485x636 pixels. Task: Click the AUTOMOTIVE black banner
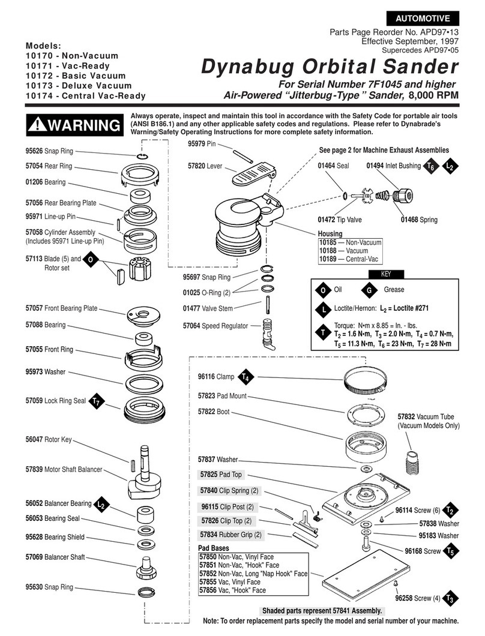pyautogui.click(x=423, y=18)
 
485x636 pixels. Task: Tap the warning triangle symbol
pyautogui.click(x=37, y=124)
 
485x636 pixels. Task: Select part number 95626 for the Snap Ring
pyautogui.click(x=34, y=151)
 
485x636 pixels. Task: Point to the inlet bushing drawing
pyautogui.click(x=403, y=196)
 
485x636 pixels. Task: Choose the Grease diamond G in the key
pyautogui.click(x=369, y=290)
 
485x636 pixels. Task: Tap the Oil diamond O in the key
pyautogui.click(x=323, y=290)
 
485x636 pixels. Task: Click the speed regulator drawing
pyautogui.click(x=268, y=332)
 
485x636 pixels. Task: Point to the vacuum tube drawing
pyautogui.click(x=414, y=461)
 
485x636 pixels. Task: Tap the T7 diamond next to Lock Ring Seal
pyautogui.click(x=96, y=401)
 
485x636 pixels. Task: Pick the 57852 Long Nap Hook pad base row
pyautogui.click(x=253, y=574)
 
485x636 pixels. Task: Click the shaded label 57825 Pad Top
pyautogui.click(x=221, y=475)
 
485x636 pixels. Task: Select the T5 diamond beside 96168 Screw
pyautogui.click(x=449, y=551)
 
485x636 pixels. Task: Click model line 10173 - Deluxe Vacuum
pyautogui.click(x=79, y=86)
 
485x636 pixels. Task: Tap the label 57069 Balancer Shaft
pyautogui.click(x=55, y=557)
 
